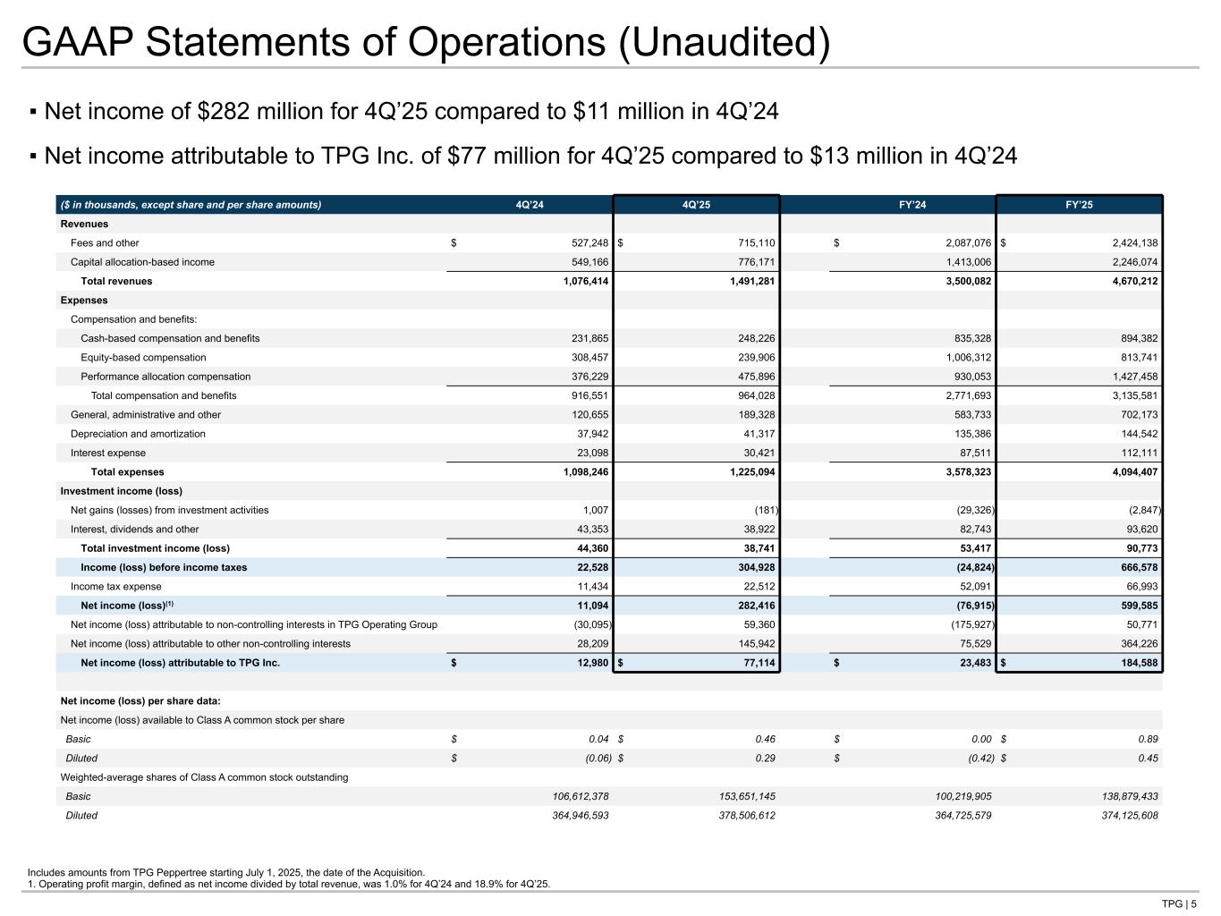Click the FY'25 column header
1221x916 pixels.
point(1079,205)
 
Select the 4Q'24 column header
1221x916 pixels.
point(530,205)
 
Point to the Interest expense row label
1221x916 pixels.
point(107,453)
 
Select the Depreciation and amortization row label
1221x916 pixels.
point(138,434)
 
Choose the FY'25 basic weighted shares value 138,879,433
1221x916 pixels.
point(1115,796)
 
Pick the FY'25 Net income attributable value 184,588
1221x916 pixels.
point(1135,663)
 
